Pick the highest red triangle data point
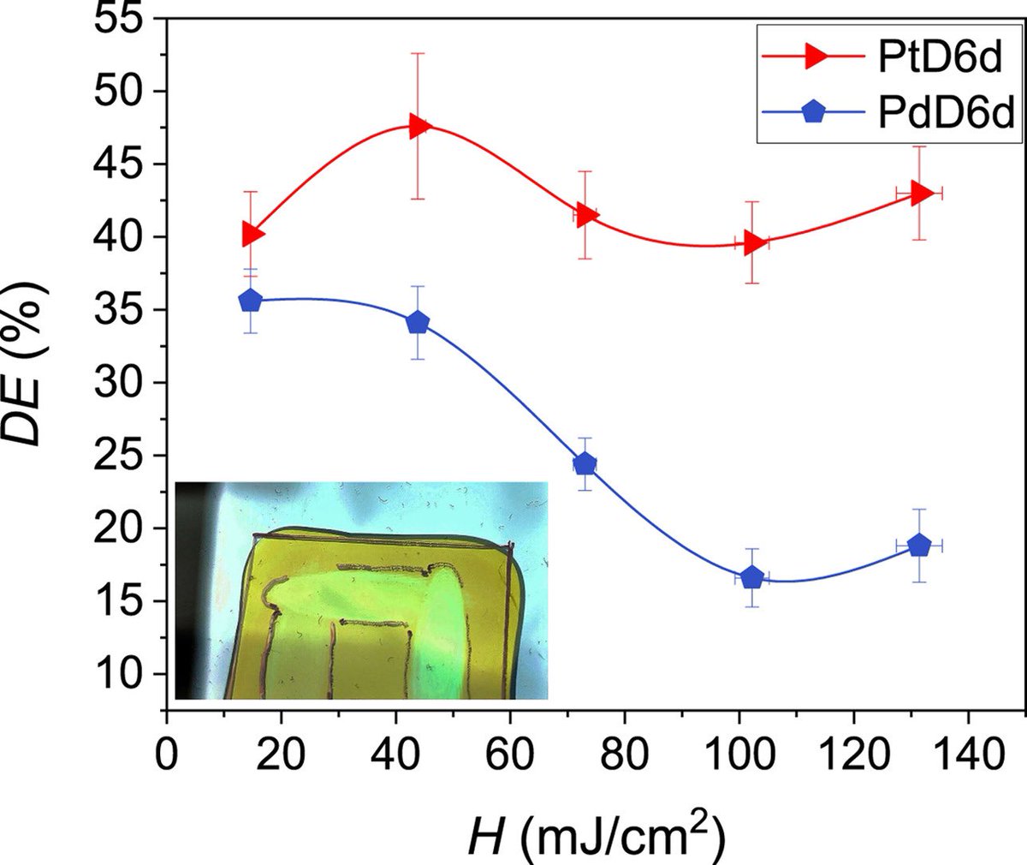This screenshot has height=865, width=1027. [419, 126]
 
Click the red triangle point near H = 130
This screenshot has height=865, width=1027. [920, 193]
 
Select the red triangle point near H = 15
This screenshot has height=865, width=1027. [252, 233]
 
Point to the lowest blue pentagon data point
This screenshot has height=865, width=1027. [751, 577]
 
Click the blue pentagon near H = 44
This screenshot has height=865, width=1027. [418, 322]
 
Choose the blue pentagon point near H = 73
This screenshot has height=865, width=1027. [585, 464]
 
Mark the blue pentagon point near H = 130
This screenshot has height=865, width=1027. [918, 545]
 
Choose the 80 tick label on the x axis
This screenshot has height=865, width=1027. [624, 756]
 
